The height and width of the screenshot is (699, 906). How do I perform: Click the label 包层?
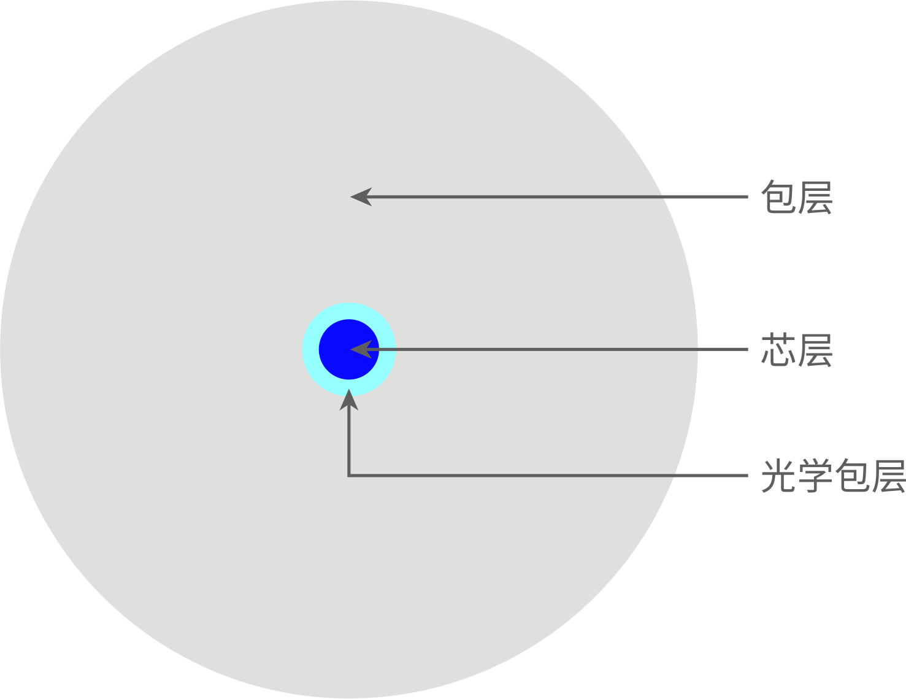(x=797, y=197)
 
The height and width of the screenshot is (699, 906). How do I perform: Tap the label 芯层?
(x=797, y=350)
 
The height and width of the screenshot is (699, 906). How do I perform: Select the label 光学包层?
(x=834, y=476)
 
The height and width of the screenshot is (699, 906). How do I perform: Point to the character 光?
(x=778, y=476)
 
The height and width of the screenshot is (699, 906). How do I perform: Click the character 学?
(x=815, y=476)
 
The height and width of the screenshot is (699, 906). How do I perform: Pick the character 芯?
(x=778, y=350)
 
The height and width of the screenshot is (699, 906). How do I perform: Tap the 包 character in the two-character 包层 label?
(x=778, y=197)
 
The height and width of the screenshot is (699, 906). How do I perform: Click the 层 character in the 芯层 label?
(x=815, y=350)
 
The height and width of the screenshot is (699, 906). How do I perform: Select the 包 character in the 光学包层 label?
(x=852, y=476)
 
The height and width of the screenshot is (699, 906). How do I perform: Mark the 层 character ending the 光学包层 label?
(x=888, y=476)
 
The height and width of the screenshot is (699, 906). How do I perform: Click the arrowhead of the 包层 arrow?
(x=361, y=197)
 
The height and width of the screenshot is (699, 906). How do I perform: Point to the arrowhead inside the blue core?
(x=361, y=350)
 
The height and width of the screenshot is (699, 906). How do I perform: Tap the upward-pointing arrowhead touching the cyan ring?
(x=349, y=400)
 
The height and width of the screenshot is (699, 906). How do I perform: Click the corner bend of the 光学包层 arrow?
(x=349, y=476)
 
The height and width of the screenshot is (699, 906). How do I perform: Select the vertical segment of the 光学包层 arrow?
(x=349, y=442)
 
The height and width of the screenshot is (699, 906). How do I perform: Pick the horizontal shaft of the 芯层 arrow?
(x=557, y=350)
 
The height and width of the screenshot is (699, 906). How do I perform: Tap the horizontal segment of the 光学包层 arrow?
(x=548, y=476)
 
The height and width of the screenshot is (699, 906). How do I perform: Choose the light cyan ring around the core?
(x=310, y=350)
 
